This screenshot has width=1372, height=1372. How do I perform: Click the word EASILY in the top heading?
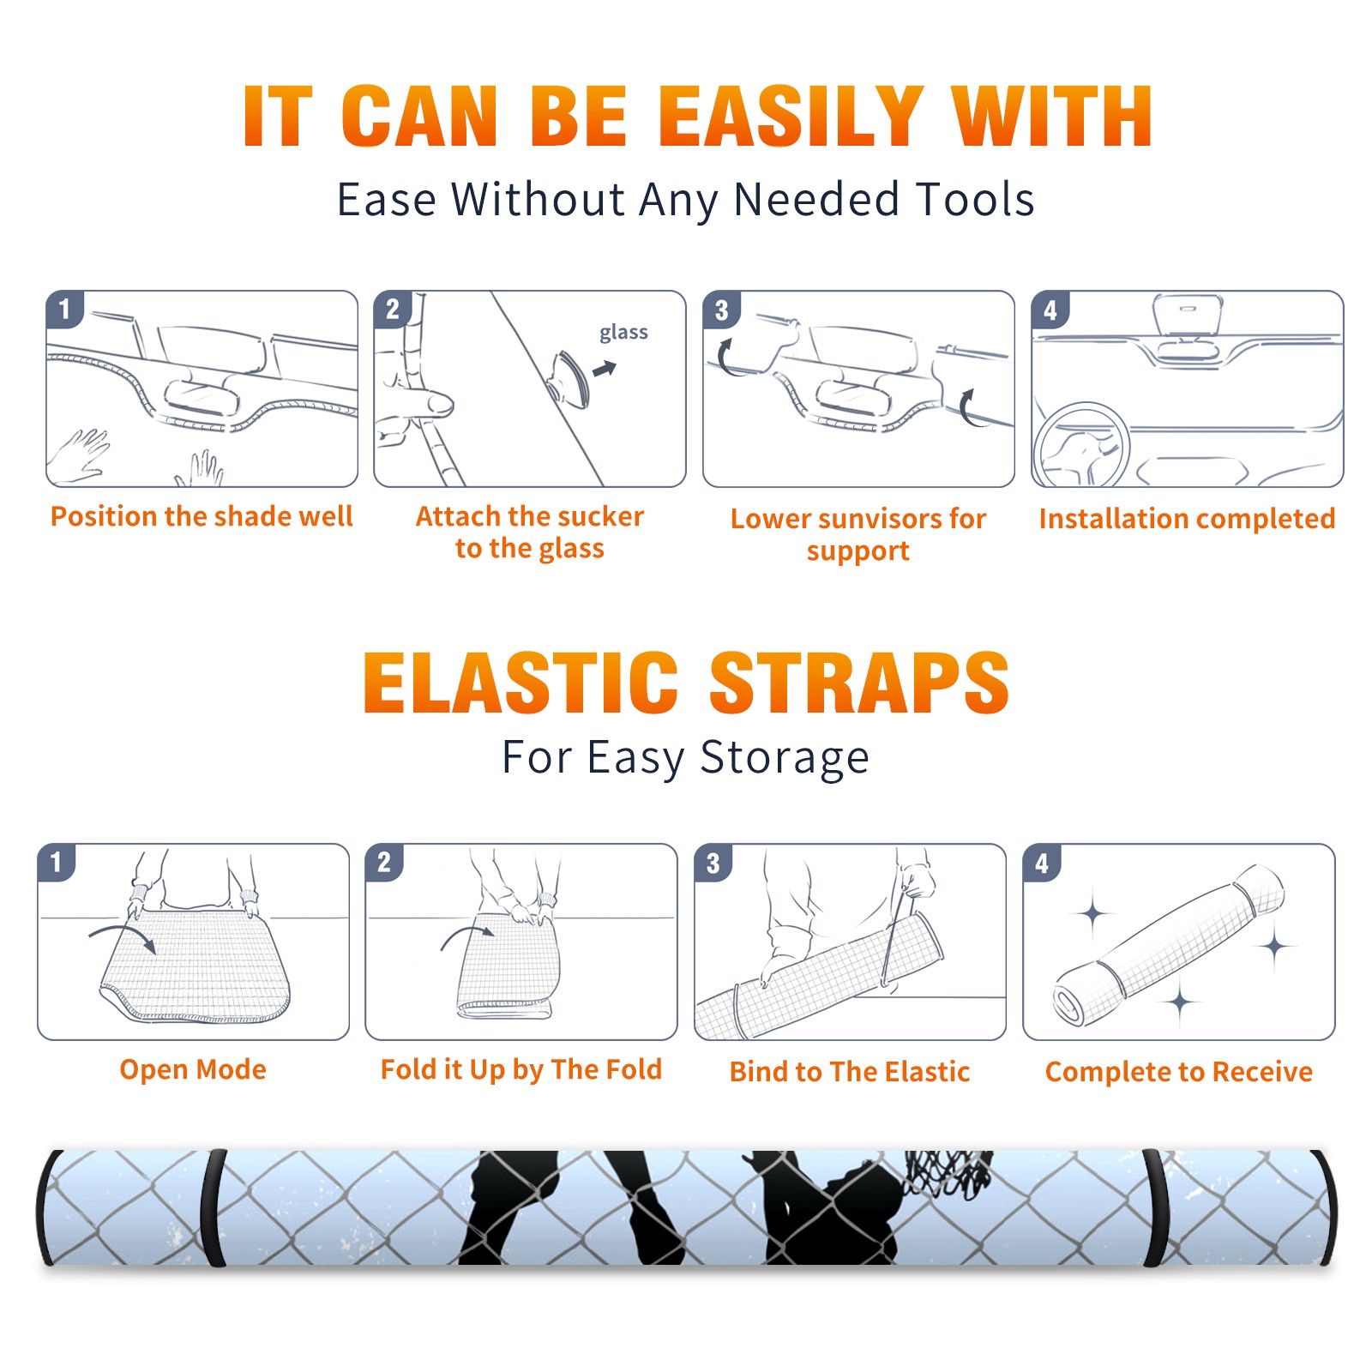pyautogui.click(x=791, y=117)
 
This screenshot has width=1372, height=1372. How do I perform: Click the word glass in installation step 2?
pyautogui.click(x=623, y=333)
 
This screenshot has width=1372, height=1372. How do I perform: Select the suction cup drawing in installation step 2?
pyautogui.click(x=570, y=377)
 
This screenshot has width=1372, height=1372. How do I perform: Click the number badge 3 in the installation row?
pyautogui.click(x=721, y=310)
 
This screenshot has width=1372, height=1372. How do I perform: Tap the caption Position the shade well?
pyautogui.click(x=202, y=516)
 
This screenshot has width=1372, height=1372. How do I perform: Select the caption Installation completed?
pyautogui.click(x=1187, y=519)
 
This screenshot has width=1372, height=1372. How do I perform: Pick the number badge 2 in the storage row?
pyautogui.click(x=384, y=862)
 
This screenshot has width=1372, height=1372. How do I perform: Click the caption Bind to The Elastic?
pyautogui.click(x=850, y=1072)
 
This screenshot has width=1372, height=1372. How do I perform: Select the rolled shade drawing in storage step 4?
pyautogui.click(x=1170, y=946)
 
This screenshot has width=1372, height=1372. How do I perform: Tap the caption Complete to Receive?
pyautogui.click(x=1179, y=1072)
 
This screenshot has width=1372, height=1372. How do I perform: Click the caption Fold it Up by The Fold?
pyautogui.click(x=521, y=1069)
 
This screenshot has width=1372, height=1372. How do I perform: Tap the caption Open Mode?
pyautogui.click(x=193, y=1069)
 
